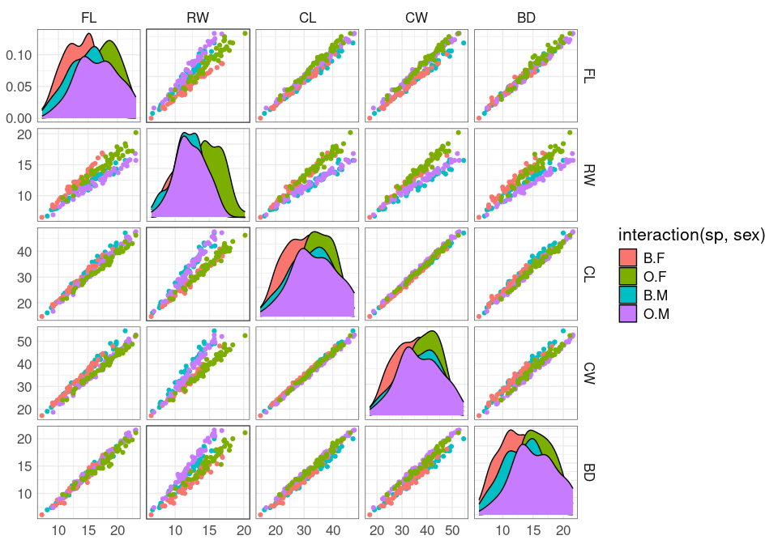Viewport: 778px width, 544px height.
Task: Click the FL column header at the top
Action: pos(88,17)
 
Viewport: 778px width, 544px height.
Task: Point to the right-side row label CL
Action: pos(589,274)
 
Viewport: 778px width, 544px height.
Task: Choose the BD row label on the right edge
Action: pos(589,471)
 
